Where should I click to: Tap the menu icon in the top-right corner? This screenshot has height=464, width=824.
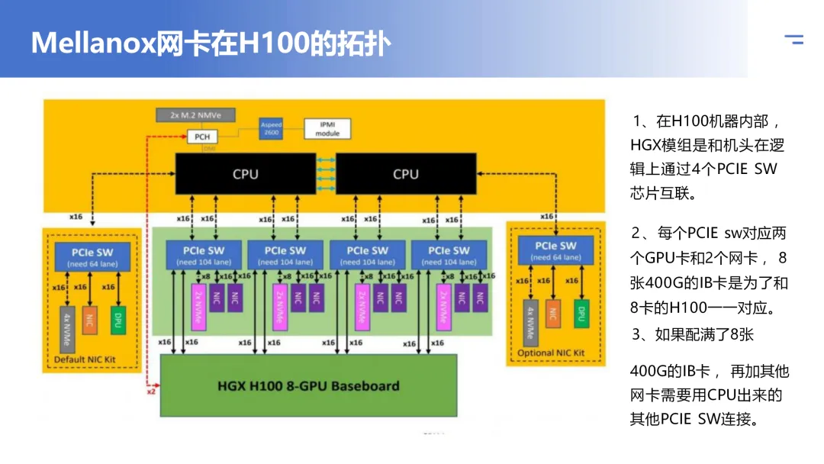[x=794, y=40]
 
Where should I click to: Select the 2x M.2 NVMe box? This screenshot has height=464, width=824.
[x=196, y=115]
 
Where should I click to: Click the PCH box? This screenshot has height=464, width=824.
[x=203, y=137]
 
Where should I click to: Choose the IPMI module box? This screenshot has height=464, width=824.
[x=327, y=128]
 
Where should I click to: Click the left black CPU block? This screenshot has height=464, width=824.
[x=246, y=174]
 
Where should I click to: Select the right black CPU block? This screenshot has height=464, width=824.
[x=406, y=174]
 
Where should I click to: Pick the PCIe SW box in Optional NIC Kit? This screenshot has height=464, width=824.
[x=556, y=251]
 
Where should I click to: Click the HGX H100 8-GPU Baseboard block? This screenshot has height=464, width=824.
[x=308, y=385]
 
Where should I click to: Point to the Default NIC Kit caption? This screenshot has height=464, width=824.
[x=85, y=359]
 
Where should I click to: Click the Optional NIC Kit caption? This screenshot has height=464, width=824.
[x=551, y=353]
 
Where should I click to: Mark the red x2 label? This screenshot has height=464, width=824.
[x=151, y=391]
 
